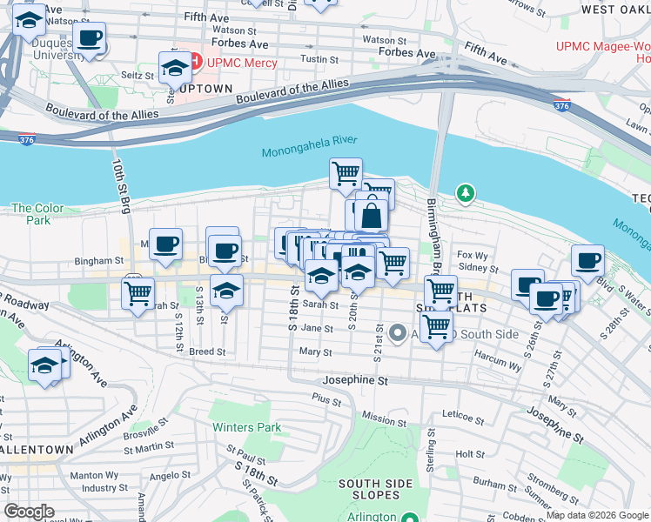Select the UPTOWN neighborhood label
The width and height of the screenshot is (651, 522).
pyautogui.click(x=206, y=89)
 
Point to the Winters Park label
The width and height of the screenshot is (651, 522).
pyautogui.click(x=247, y=427)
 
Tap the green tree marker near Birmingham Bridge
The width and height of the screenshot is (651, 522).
pyautogui.click(x=466, y=192)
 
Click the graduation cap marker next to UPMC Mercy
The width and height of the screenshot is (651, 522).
pyautogui.click(x=175, y=67)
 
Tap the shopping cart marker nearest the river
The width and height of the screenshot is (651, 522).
pyautogui.click(x=346, y=173)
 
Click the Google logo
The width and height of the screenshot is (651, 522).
pyautogui.click(x=29, y=512)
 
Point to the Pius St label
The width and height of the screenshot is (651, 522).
pyautogui.click(x=327, y=397)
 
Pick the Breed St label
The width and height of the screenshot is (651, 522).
pyautogui.click(x=208, y=352)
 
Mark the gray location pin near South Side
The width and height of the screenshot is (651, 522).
pyautogui.click(x=397, y=332)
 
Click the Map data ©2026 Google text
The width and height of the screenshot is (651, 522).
pyautogui.click(x=596, y=515)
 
